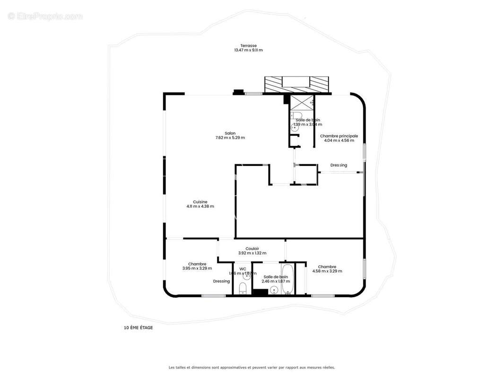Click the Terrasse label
248,45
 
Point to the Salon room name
230,133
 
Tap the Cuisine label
200,202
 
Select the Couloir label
252,249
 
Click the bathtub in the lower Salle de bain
288,279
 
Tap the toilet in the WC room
243,288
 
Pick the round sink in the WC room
246,276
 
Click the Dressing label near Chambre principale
339,165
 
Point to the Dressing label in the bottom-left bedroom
221,281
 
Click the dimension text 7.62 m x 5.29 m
230,138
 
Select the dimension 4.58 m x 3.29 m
327,271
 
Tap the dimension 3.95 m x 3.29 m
197,268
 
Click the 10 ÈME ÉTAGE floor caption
138,327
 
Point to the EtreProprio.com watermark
45,16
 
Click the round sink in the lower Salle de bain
274,290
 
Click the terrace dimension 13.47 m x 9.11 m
248,50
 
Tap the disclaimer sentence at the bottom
252,367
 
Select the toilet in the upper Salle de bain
297,116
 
